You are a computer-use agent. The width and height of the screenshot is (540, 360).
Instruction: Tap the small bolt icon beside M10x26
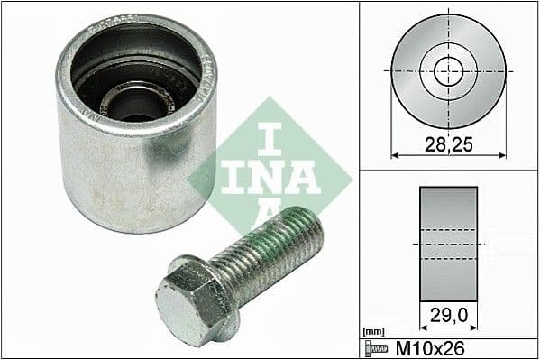click(x=375, y=348)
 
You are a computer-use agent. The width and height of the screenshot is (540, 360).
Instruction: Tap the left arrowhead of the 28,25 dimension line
click(x=395, y=154)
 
